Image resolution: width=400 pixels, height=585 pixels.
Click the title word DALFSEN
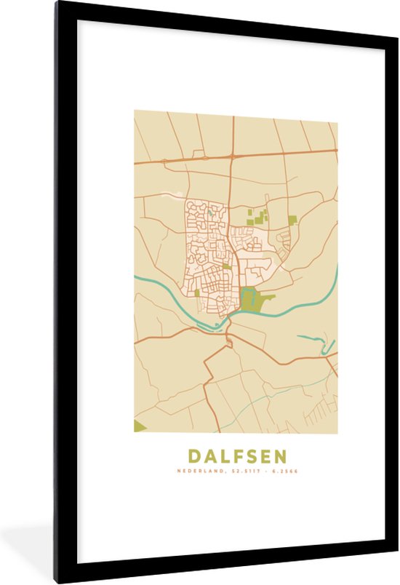238,456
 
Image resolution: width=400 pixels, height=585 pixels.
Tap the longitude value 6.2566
285,471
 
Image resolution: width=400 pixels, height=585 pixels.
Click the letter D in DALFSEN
195,456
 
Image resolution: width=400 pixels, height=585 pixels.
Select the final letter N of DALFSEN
280,456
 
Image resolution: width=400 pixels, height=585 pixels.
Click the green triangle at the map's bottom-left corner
139,426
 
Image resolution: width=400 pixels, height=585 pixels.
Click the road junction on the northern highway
233,156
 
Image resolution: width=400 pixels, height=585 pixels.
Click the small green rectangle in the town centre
228,266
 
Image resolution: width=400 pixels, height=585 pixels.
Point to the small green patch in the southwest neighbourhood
196,293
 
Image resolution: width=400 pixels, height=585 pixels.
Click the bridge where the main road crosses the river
228,321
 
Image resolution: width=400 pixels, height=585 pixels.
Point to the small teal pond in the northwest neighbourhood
211,213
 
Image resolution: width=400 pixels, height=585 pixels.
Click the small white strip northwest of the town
172,194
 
